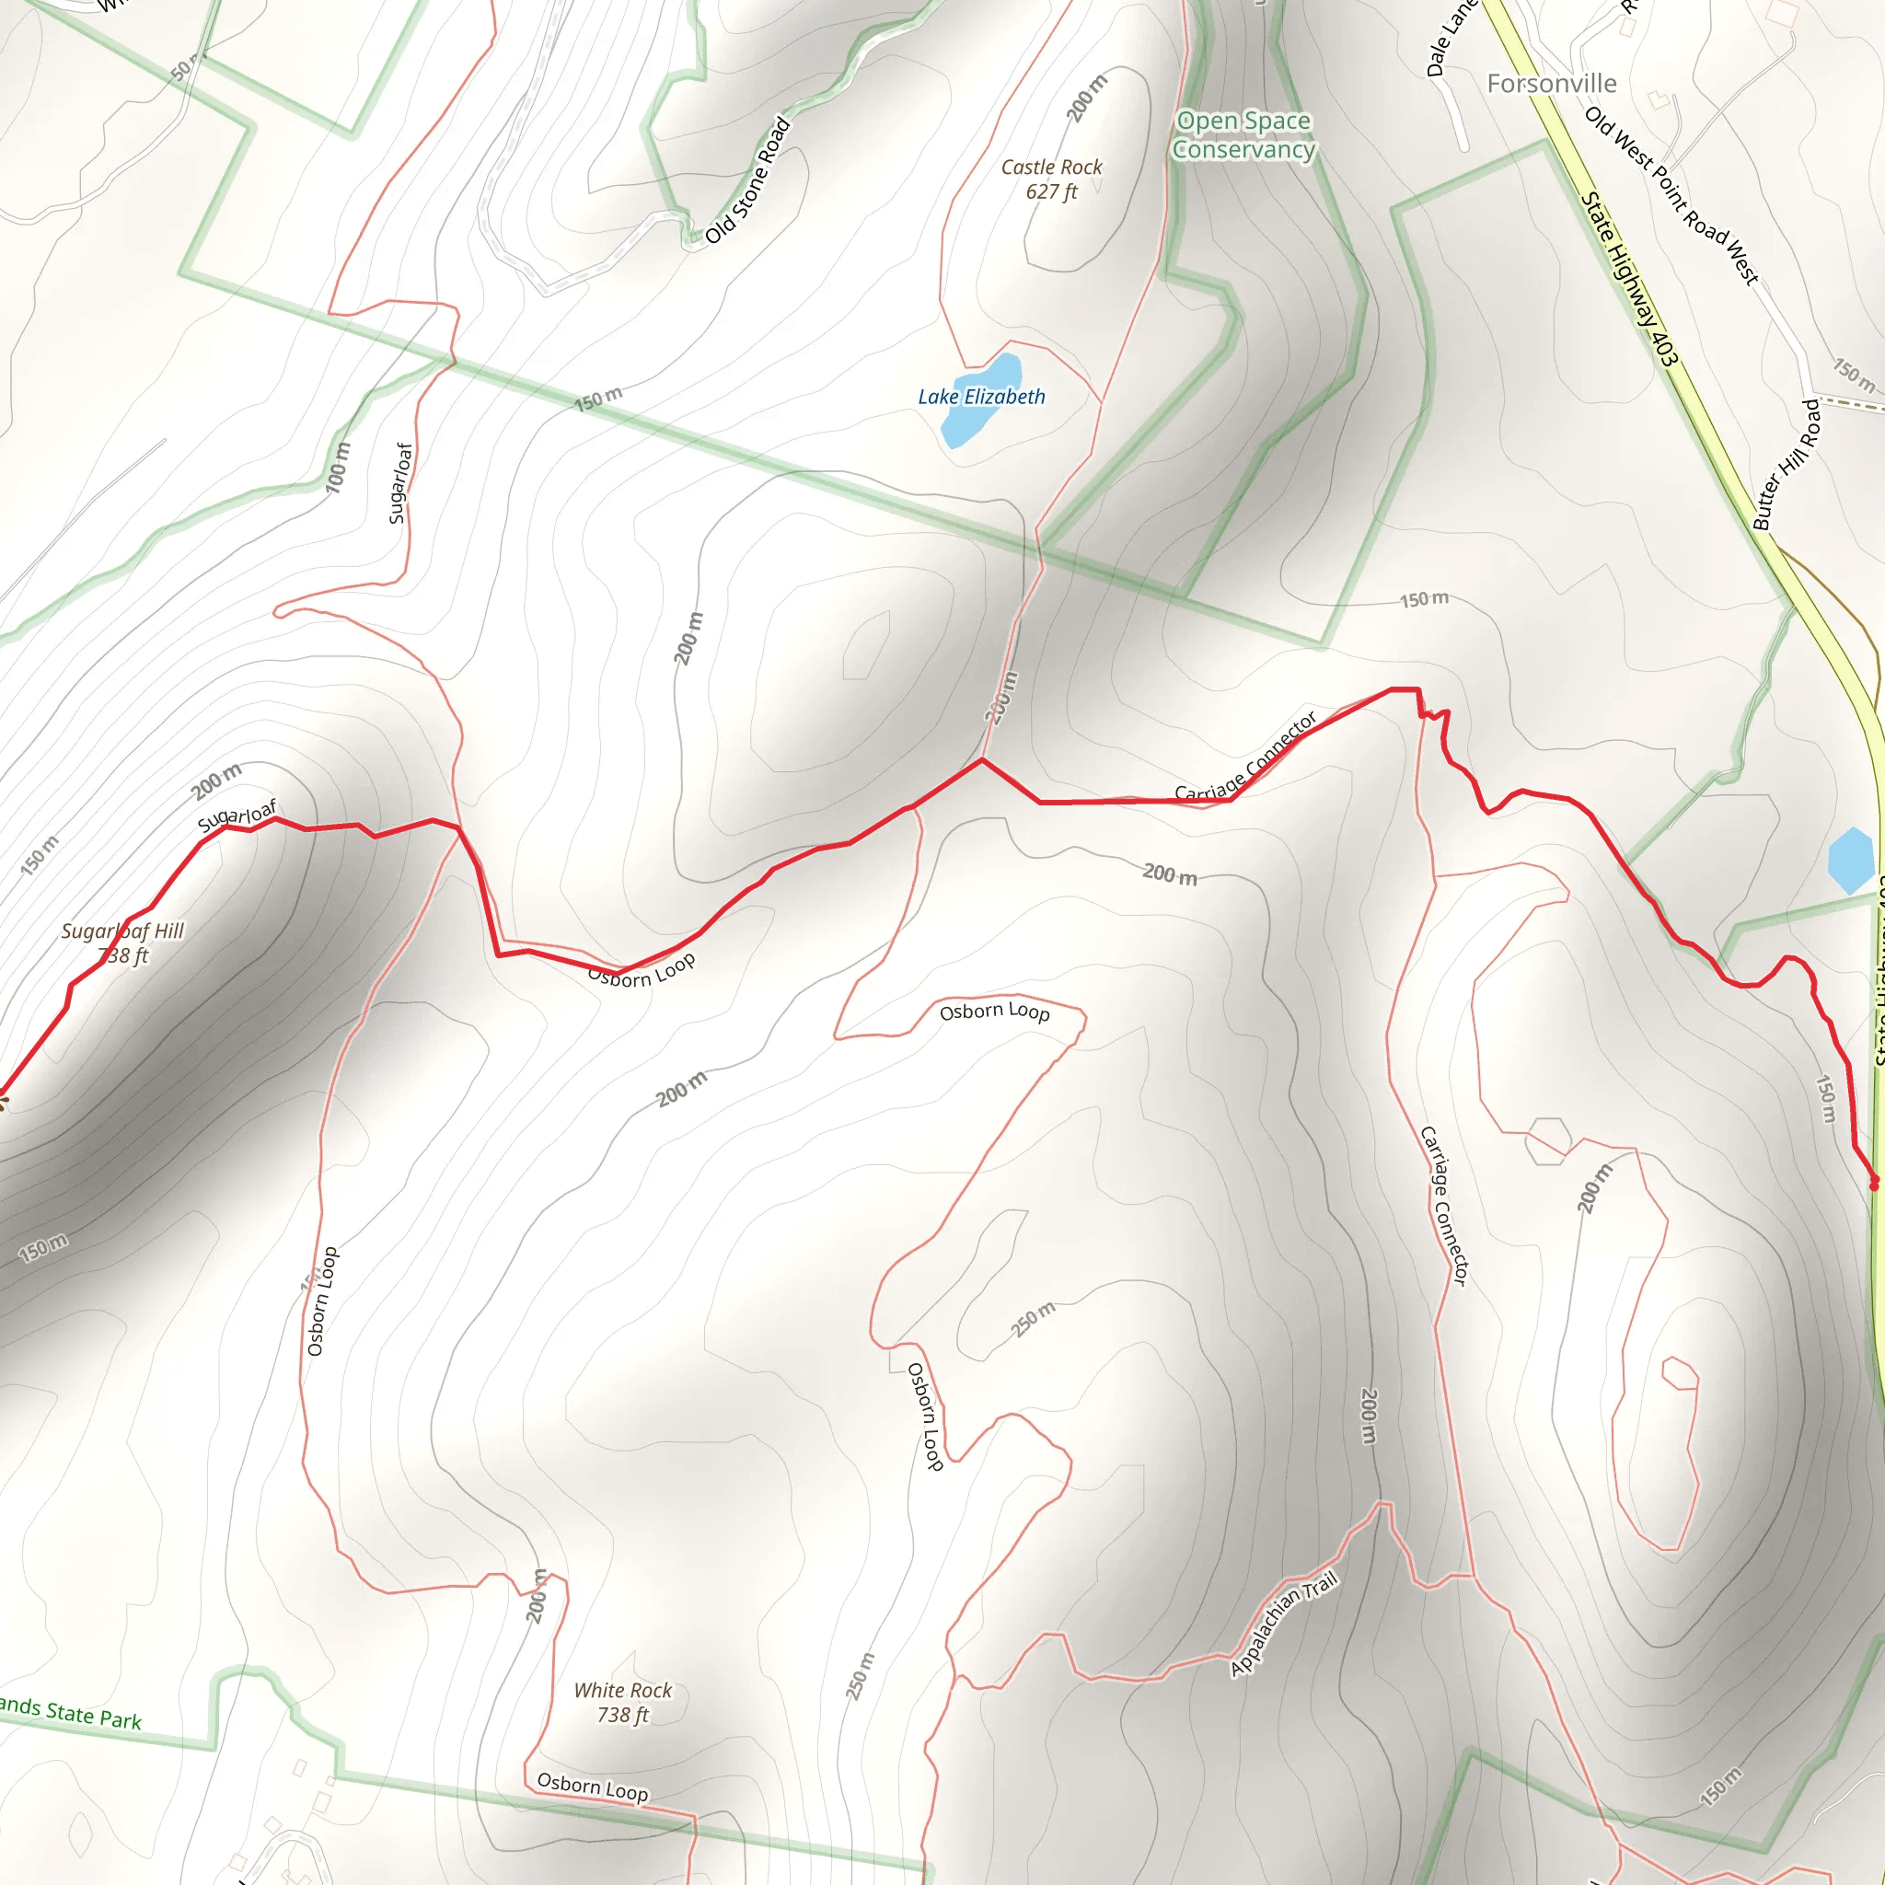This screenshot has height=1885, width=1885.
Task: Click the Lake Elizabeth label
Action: tap(980, 396)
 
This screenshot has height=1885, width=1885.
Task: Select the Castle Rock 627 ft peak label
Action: tap(1051, 179)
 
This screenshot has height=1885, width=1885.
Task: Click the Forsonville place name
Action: tap(1551, 84)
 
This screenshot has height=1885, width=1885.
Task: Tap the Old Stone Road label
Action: tap(747, 179)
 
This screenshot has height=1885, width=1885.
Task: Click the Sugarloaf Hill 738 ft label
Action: tap(122, 942)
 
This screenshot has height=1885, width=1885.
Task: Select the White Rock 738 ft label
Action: tap(622, 1702)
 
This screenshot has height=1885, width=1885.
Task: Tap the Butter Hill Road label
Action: tap(1787, 465)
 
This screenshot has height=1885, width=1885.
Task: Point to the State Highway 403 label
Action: tap(1628, 280)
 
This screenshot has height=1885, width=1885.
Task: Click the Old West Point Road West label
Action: tap(1671, 195)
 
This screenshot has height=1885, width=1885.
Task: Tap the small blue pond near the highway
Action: tap(1850, 860)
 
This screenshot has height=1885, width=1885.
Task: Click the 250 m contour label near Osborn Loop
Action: tap(1033, 1320)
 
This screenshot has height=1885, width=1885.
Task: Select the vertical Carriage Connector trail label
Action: tap(1443, 1206)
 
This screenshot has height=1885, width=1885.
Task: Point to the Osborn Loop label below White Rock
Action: tap(592, 1787)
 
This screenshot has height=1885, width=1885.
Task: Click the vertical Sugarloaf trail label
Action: tap(400, 483)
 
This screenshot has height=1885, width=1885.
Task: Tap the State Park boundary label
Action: tap(70, 1712)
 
